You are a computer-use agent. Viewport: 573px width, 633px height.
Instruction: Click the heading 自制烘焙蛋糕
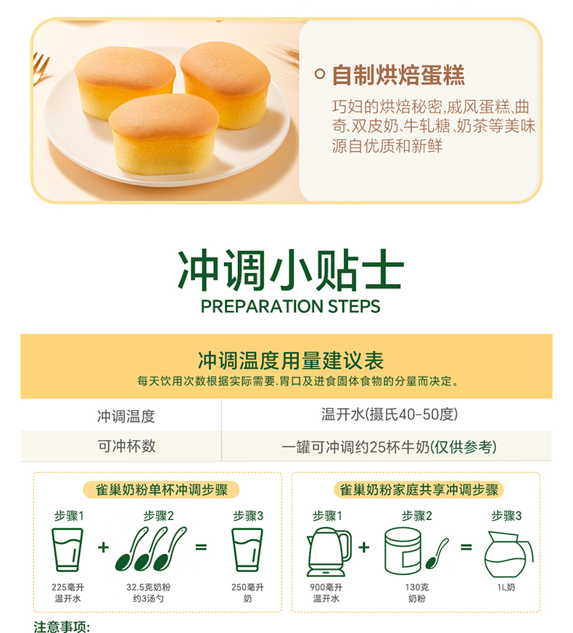397,75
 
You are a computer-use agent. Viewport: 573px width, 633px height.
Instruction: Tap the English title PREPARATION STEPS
290,306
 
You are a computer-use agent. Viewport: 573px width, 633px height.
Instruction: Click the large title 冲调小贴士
290,270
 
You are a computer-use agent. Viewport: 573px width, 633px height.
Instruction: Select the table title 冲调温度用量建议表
290,360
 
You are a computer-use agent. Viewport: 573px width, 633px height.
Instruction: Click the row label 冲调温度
126,417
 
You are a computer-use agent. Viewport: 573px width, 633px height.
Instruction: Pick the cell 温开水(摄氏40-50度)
389,415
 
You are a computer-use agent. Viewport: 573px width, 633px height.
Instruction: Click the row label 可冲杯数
126,446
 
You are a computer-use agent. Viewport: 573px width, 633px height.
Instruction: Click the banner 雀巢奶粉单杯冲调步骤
157,490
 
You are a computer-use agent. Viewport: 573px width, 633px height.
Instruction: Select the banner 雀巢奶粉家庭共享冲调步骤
416,490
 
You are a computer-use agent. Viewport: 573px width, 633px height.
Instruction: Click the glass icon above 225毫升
68,550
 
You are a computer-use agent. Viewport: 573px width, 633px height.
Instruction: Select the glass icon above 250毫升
247,550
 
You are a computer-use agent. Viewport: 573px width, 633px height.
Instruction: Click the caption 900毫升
327,587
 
